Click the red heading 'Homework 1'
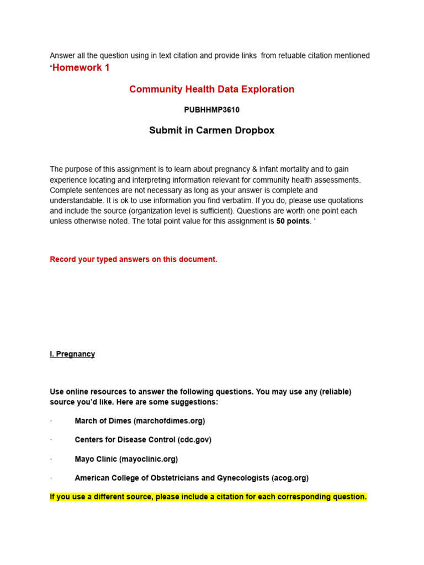[x=81, y=67]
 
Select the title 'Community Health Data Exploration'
[x=211, y=89]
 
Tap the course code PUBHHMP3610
[x=211, y=110]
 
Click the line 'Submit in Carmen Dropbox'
[x=211, y=131]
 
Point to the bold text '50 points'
[x=293, y=221]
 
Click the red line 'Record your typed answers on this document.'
[x=134, y=259]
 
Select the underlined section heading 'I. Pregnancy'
[x=72, y=354]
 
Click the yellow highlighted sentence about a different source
[x=208, y=497]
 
